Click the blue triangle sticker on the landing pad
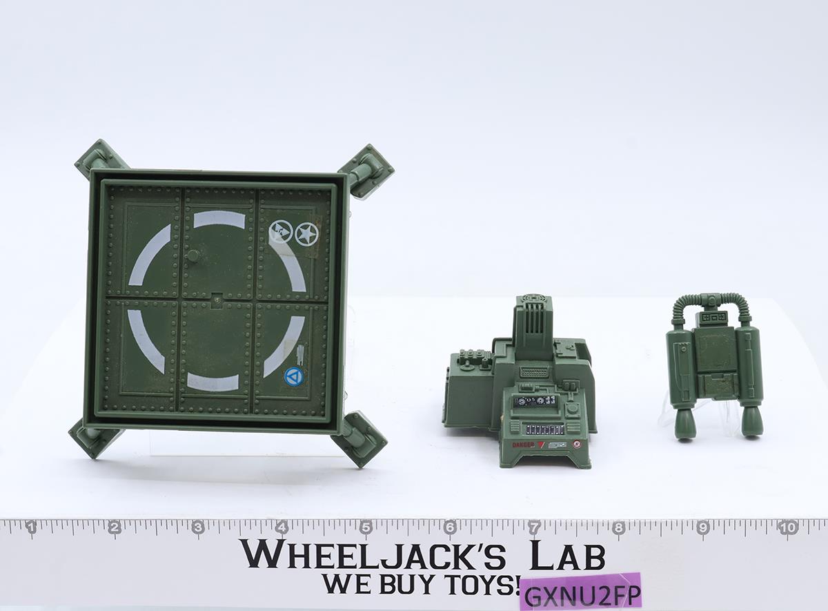(294, 376)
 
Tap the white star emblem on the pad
(306, 234)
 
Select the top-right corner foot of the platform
(368, 169)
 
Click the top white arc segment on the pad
(219, 220)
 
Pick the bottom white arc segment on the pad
(213, 382)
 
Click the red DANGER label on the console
(523, 445)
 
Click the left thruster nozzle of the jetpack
(687, 423)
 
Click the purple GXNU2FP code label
(580, 592)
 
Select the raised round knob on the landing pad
(193, 255)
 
